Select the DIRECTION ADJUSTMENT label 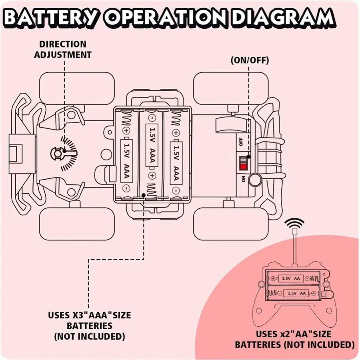tap(62, 49)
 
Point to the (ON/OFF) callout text tap(250, 61)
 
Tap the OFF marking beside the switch tap(241, 142)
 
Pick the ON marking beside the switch tap(242, 179)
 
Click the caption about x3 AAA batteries tap(89, 325)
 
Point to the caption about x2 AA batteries tap(294, 339)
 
